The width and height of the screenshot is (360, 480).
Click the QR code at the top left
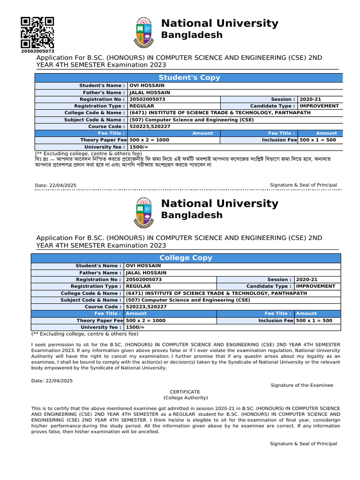37,32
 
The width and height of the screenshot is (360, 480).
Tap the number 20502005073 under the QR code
37,51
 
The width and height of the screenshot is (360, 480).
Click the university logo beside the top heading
144,32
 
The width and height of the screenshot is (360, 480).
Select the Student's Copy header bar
189,78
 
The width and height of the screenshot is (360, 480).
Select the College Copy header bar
186,258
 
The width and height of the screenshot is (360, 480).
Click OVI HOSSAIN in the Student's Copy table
147,86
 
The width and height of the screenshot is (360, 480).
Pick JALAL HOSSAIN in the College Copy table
146,273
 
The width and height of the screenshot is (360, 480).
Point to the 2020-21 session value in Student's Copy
310,99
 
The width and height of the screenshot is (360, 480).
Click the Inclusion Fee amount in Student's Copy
318,140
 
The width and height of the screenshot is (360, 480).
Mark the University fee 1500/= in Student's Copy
139,147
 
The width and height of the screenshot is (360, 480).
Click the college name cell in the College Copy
217,293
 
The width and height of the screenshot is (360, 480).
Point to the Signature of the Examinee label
302,385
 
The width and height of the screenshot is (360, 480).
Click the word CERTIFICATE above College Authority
185,392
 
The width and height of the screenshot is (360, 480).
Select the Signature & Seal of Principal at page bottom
303,443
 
